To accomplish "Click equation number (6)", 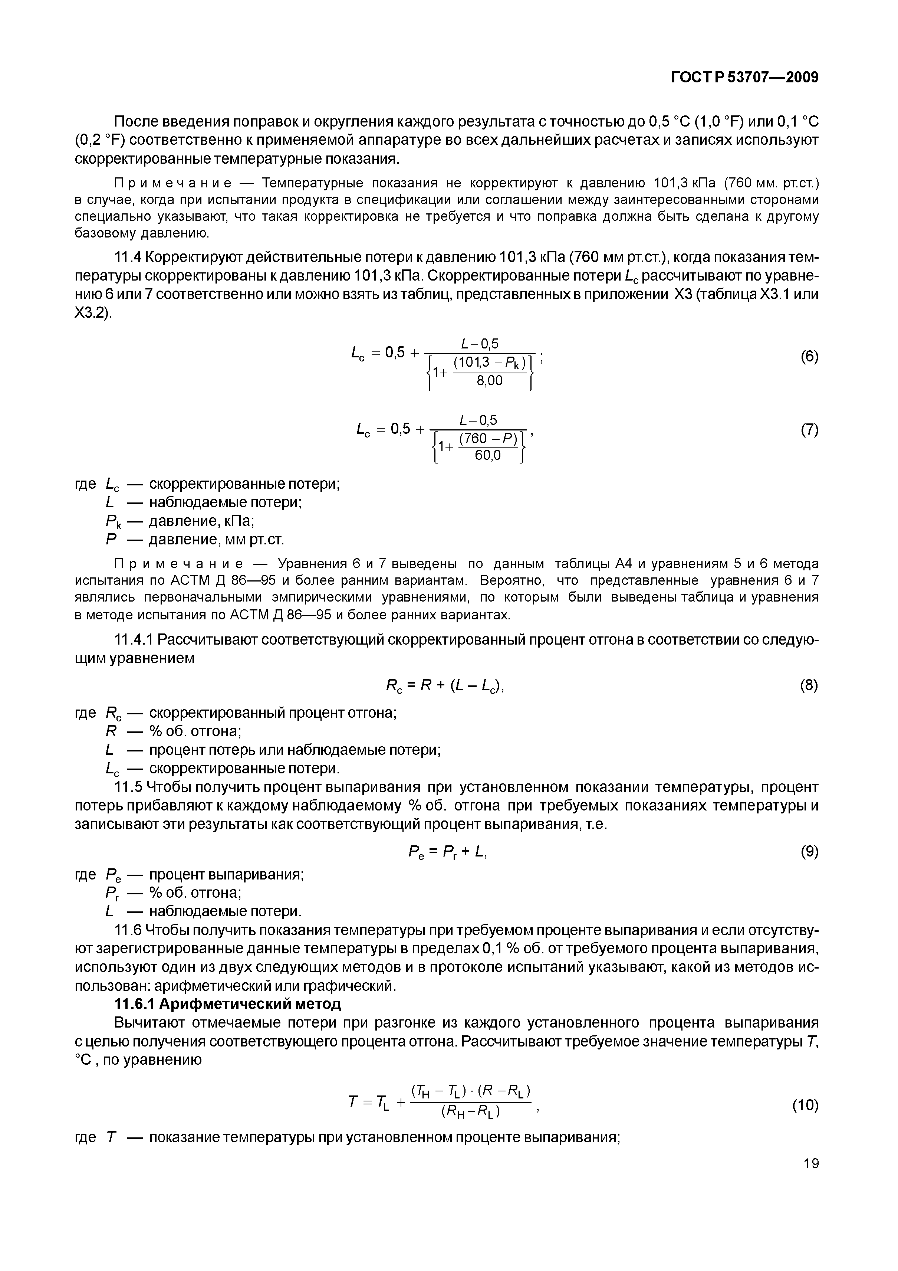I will [x=809, y=357].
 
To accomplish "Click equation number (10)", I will [x=805, y=1106].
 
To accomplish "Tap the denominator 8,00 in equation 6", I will [x=490, y=381].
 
